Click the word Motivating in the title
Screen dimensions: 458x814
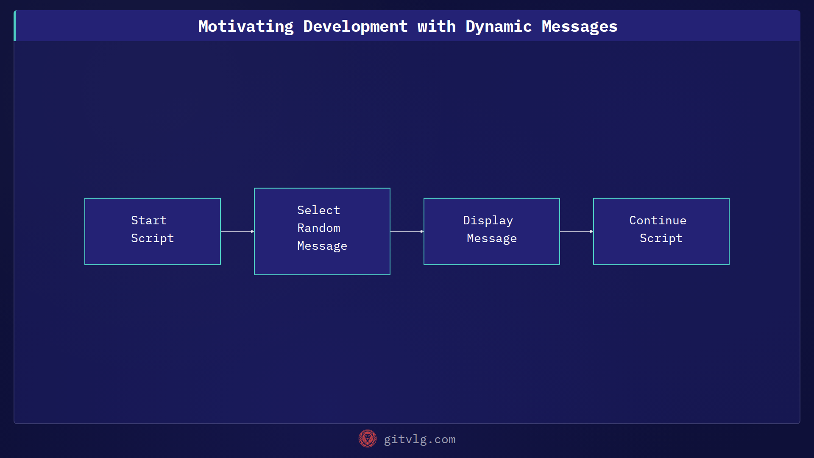(246, 26)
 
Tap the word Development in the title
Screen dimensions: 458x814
(355, 26)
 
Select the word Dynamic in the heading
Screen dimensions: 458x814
(499, 26)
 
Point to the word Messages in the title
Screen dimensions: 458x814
(579, 26)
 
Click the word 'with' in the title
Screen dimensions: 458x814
(436, 26)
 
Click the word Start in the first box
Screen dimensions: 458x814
(149, 220)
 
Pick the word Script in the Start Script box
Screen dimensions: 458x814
(152, 238)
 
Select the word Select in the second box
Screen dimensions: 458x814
(318, 210)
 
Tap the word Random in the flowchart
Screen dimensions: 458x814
(318, 228)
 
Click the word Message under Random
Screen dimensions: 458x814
(322, 246)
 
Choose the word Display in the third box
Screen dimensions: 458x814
(488, 220)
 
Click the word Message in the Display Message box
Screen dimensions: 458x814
(491, 238)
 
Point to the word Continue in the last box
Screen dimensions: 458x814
(658, 220)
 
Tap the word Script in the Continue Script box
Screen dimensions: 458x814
(661, 238)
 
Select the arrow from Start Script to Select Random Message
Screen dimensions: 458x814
(237, 232)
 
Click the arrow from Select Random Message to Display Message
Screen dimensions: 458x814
(407, 232)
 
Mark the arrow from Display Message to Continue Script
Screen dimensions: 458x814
(577, 232)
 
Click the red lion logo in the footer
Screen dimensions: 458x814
(367, 438)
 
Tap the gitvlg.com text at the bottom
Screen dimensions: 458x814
(419, 439)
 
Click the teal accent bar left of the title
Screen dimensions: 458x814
(15, 26)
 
